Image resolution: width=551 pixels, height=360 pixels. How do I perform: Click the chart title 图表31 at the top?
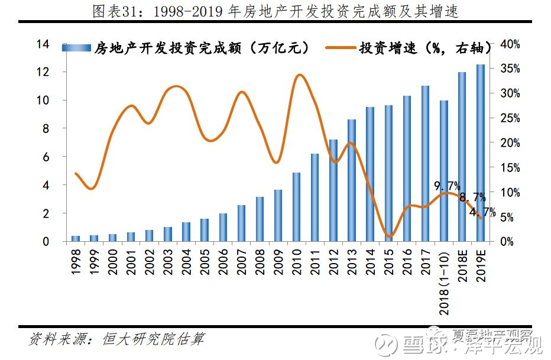[275, 11]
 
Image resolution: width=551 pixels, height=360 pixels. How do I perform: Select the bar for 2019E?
[480, 154]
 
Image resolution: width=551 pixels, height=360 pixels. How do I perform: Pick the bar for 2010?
[296, 207]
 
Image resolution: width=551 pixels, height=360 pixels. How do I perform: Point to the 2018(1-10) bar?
[443, 171]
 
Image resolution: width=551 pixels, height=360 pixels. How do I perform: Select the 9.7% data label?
[447, 187]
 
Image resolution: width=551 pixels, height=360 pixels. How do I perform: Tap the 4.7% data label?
[482, 212]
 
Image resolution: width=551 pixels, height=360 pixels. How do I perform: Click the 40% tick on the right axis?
[509, 44]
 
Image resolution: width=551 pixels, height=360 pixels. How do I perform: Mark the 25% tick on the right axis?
[509, 118]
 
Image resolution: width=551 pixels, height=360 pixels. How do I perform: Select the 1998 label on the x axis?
[76, 260]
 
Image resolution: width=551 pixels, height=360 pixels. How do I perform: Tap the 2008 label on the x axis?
[260, 260]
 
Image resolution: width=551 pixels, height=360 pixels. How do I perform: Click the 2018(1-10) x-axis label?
[444, 278]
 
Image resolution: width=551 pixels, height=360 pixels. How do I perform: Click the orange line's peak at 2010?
[299, 75]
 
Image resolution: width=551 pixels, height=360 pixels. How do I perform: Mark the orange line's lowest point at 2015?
[388, 236]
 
